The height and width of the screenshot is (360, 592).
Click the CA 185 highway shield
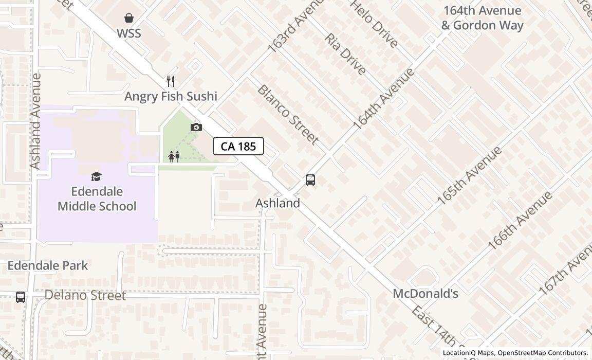(238, 147)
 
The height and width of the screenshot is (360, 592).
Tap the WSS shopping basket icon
(129, 19)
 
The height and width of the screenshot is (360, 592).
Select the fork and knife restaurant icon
(171, 81)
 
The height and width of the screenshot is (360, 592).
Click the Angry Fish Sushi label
(171, 96)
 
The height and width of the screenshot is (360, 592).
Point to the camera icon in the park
(196, 128)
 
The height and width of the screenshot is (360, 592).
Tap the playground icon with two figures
(174, 157)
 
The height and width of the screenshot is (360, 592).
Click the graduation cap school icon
(96, 177)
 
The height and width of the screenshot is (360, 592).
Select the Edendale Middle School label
(97, 199)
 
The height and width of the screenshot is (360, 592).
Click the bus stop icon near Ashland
(310, 180)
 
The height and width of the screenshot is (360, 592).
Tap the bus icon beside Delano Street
(21, 297)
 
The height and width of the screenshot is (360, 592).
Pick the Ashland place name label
(277, 203)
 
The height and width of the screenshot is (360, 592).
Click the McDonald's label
(425, 294)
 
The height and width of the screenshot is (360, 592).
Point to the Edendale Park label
(48, 266)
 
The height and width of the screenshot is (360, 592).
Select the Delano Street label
(85, 296)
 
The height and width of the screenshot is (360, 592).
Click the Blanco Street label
(288, 114)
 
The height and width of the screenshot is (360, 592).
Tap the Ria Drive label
(345, 53)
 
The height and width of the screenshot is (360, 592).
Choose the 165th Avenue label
(469, 175)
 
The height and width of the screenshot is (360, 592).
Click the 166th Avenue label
(520, 221)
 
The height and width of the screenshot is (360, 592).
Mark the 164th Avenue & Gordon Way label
(482, 18)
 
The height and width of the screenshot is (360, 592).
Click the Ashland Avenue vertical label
(35, 121)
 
